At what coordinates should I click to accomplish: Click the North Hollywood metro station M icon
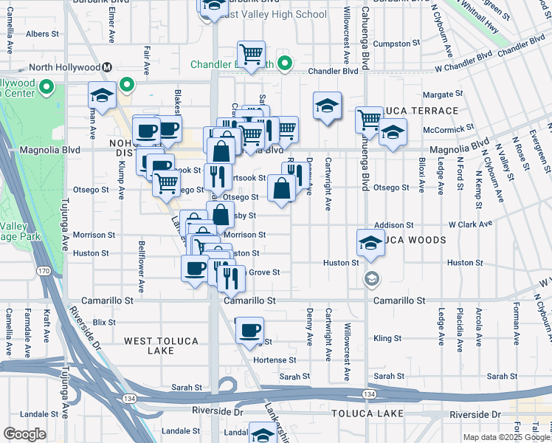(107, 67)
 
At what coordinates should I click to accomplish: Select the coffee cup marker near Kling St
(250, 329)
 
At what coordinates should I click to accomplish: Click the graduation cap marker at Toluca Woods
(370, 242)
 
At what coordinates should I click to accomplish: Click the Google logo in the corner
(24, 433)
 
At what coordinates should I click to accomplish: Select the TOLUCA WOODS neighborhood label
(413, 240)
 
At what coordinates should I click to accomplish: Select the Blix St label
(105, 322)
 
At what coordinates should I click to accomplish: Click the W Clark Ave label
(471, 224)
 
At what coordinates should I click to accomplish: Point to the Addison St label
(393, 224)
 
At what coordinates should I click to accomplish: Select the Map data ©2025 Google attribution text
(506, 437)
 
